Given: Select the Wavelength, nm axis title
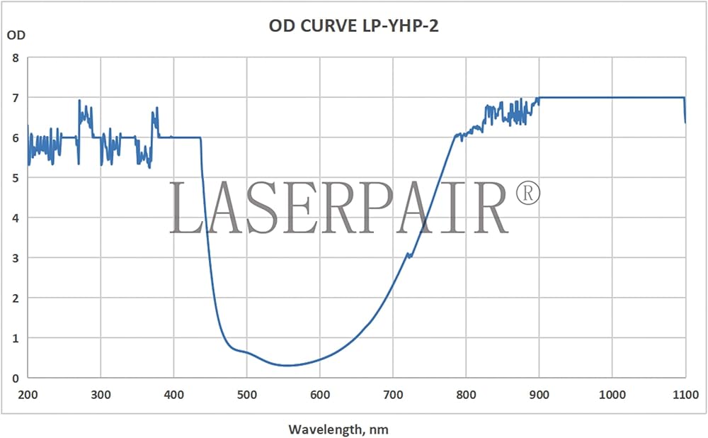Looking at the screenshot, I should coord(338,429).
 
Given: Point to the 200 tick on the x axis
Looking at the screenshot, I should coord(28,394).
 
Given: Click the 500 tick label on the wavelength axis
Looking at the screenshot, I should coord(246,394).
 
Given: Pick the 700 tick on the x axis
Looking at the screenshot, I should coord(393,394).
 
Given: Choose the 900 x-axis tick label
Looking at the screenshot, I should coord(539,394).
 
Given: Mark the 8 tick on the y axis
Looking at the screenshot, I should coord(16,57).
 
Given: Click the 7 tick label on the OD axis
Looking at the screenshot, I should coord(16,97).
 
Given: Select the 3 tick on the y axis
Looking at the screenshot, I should coord(16,257).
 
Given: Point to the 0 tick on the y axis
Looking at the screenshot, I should coord(16,378).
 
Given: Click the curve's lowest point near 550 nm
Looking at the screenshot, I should coord(287,366).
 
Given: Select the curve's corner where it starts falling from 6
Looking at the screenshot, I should coord(200,138).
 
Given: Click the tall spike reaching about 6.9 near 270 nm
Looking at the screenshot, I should coord(79,101).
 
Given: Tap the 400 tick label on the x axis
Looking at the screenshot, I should coord(173,394).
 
